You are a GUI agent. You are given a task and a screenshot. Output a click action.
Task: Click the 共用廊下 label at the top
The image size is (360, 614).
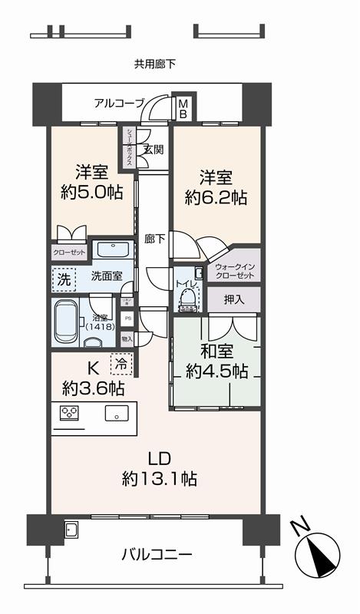click(x=155, y=64)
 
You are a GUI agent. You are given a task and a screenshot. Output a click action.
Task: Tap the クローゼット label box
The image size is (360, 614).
click(x=69, y=252)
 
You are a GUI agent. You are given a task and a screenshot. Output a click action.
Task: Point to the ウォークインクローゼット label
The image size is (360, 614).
click(x=234, y=270)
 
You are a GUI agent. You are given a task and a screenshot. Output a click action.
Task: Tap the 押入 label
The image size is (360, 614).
click(x=234, y=299)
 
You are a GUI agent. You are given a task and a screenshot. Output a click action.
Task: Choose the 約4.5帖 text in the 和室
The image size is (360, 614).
click(x=216, y=371)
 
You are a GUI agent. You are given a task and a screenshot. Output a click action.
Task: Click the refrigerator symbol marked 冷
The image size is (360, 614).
click(x=121, y=360)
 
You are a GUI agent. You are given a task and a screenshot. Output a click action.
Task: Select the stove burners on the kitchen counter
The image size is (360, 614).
click(x=69, y=412)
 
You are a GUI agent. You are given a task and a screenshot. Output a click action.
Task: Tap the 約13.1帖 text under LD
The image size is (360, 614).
click(x=159, y=479)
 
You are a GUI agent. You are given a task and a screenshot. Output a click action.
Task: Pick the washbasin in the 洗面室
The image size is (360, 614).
click(x=113, y=251)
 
